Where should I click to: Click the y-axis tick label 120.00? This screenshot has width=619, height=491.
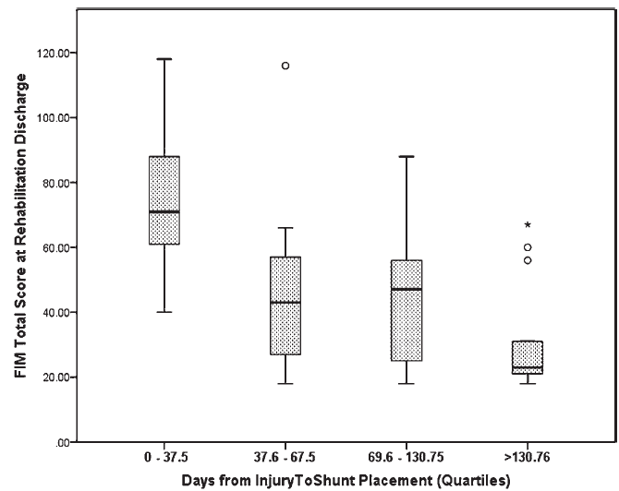coord(54,53)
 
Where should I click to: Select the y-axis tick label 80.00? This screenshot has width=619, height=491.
coord(56,183)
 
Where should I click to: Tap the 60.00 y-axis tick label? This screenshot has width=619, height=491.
coord(56,247)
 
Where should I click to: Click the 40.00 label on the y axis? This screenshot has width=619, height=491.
coord(56,312)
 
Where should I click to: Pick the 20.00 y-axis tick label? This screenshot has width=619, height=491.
coord(56,377)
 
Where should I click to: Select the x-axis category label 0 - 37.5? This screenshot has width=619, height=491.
coord(165,458)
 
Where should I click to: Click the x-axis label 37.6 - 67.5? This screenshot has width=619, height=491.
coord(285,458)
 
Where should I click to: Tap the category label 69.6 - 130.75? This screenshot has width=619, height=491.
coord(406,458)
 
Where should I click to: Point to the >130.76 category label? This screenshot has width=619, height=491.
coord(527,458)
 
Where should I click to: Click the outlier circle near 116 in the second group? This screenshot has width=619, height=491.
coord(285,66)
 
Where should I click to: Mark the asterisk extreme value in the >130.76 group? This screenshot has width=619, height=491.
coord(528,225)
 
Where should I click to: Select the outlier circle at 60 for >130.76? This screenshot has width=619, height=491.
coord(528,247)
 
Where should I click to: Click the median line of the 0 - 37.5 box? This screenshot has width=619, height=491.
coord(164,211)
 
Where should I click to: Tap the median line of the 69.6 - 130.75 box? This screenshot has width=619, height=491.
coord(407,289)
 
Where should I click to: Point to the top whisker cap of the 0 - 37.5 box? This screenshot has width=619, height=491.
coord(164,59)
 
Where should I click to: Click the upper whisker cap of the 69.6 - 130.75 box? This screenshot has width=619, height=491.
coord(407,157)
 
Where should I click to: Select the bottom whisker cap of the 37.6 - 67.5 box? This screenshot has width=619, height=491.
coord(285,383)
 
